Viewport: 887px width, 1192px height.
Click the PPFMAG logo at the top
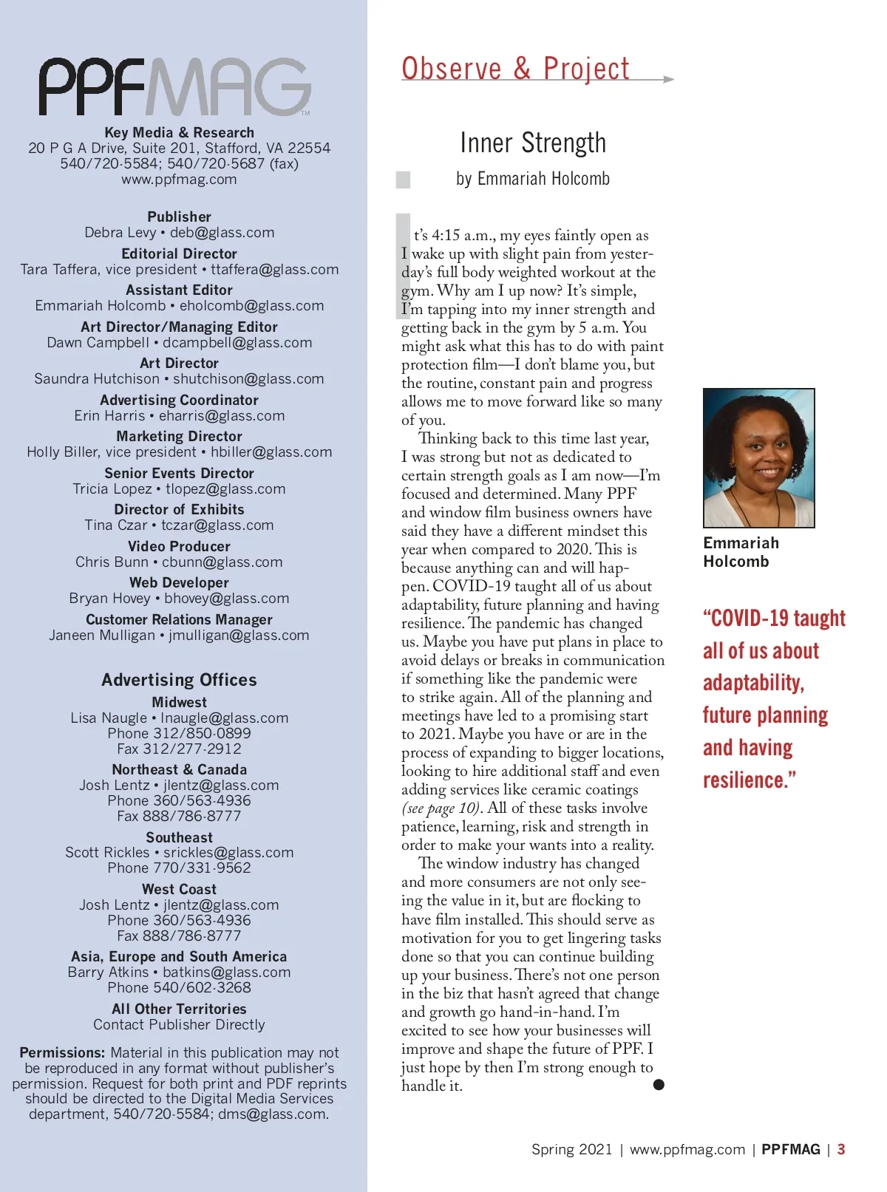(x=175, y=86)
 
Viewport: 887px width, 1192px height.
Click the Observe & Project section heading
(x=515, y=69)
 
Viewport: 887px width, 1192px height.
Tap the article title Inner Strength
(x=533, y=143)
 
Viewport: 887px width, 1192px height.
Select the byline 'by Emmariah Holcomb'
(x=533, y=179)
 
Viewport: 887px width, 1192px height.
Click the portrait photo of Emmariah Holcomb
(x=758, y=457)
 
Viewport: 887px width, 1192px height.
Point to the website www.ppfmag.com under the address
(x=179, y=179)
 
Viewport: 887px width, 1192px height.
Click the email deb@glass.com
(x=222, y=233)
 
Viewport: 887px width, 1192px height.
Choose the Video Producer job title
(x=179, y=546)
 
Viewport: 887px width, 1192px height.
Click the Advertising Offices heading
(x=179, y=680)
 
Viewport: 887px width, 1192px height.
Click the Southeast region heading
(x=179, y=837)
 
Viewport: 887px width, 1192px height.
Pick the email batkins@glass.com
(x=227, y=973)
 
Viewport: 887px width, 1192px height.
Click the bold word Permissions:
(x=62, y=1052)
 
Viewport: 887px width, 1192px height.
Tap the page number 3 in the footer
(x=841, y=1149)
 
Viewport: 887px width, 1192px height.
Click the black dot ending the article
(x=659, y=1084)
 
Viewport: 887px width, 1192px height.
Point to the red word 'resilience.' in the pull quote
(x=749, y=780)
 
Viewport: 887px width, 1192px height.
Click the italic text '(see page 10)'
(x=441, y=808)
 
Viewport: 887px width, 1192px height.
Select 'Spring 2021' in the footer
(x=571, y=1149)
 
